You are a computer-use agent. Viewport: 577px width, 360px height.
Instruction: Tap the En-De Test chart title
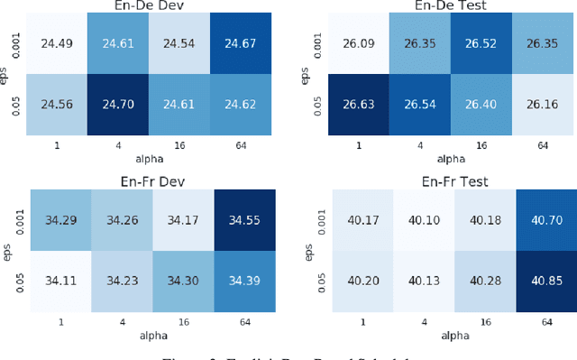tap(451, 6)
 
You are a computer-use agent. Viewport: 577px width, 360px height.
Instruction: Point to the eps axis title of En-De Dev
tap(6, 73)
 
